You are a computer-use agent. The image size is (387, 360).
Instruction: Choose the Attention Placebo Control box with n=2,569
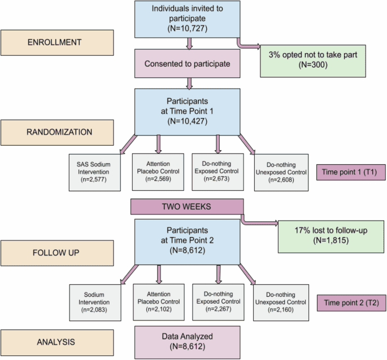coord(158,172)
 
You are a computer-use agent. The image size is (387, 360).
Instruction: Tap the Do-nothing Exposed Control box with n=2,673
coord(218,172)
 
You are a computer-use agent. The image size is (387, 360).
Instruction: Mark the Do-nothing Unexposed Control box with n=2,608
coord(280,172)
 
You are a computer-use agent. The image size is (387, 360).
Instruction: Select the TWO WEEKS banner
coord(187,207)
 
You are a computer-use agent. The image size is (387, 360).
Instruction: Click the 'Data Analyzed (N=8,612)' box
coord(187,341)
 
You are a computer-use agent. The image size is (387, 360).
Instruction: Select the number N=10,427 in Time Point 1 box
coord(187,120)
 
